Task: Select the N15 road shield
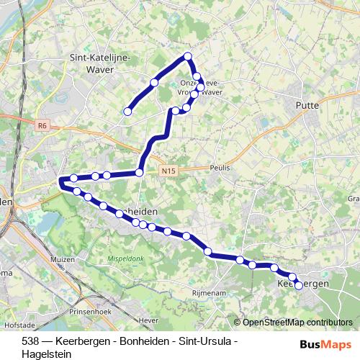[x=168, y=171]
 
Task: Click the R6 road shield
[x=42, y=125]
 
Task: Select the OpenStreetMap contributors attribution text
[x=293, y=323]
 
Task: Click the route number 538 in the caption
[x=30, y=341]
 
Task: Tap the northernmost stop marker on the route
[x=188, y=56]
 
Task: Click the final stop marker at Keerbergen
[x=298, y=285]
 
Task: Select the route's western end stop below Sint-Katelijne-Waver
[x=127, y=112]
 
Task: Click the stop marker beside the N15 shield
[x=140, y=173]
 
